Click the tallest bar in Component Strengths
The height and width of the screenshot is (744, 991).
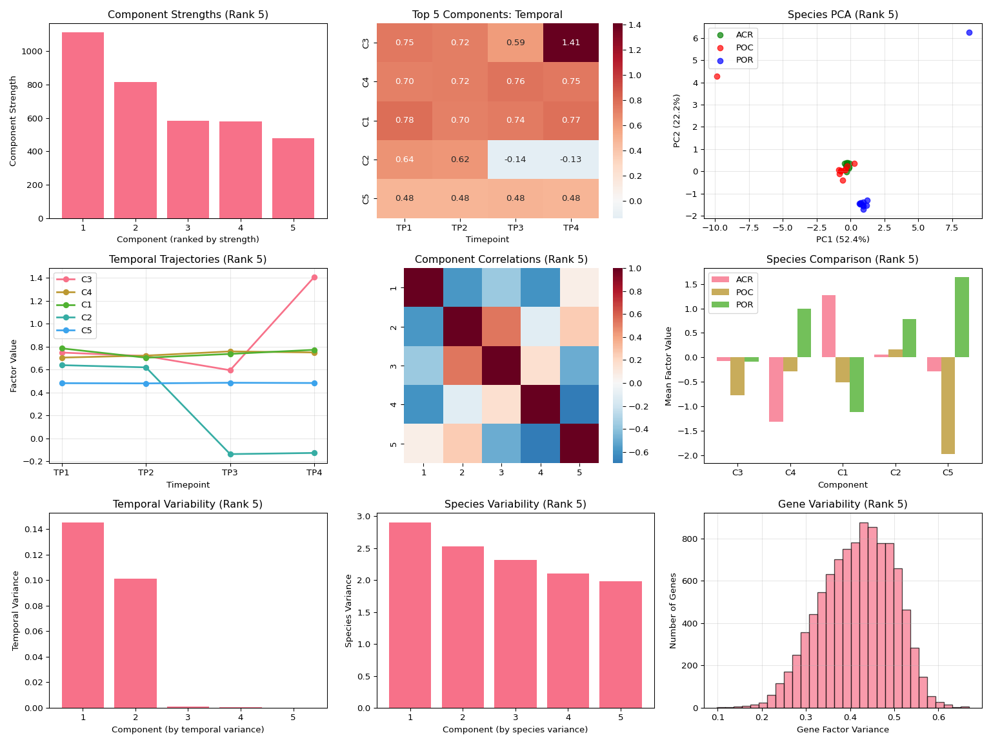[x=83, y=125]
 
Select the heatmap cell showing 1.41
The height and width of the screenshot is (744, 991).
[x=570, y=43]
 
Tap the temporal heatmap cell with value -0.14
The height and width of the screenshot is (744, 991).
[x=515, y=160]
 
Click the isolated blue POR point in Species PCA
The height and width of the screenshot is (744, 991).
[x=968, y=32]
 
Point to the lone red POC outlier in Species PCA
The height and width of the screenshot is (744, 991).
[x=717, y=76]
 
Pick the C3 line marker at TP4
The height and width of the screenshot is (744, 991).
[x=314, y=278]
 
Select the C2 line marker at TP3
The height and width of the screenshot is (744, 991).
[x=230, y=454]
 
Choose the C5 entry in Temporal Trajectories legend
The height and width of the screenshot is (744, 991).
[x=86, y=331]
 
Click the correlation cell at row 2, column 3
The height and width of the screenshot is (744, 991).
[x=501, y=327]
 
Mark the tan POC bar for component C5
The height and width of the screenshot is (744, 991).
[x=948, y=406]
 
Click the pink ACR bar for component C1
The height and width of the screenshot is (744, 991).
[x=828, y=326]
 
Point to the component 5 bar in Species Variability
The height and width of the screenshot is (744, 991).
[x=620, y=645]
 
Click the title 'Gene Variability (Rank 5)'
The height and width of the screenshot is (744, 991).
[x=843, y=504]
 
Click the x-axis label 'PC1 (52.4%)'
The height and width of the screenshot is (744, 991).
[x=843, y=240]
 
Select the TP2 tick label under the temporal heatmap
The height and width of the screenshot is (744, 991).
[x=459, y=228]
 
